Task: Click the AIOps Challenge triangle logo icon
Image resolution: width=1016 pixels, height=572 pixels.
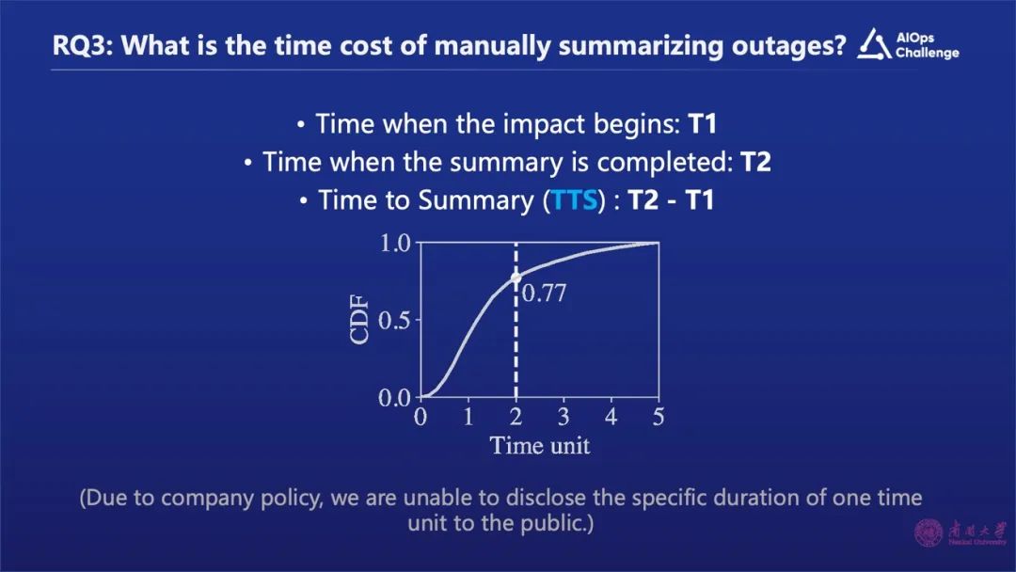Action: [x=874, y=44]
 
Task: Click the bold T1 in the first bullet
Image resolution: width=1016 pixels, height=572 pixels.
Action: [x=702, y=124]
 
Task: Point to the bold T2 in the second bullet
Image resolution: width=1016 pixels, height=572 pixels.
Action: [x=755, y=162]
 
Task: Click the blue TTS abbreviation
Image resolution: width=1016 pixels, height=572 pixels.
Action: [x=574, y=200]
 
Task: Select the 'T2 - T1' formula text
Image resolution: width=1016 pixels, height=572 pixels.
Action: [x=671, y=200]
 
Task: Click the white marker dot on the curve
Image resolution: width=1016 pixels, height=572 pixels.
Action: [x=516, y=278]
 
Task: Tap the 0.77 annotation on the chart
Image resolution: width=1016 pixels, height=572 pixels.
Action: [x=544, y=294]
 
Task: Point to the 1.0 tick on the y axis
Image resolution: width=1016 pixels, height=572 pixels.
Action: [x=394, y=244]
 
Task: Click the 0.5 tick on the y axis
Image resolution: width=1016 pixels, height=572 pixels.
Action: [x=394, y=320]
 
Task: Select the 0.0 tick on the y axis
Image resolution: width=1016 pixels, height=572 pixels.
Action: [x=394, y=397]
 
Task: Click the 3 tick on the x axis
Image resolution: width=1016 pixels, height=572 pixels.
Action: [x=564, y=417]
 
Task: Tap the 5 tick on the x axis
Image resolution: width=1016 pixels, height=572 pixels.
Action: [x=659, y=417]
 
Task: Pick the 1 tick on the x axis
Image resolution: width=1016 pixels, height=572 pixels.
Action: [x=468, y=417]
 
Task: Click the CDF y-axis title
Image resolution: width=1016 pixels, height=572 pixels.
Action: [x=359, y=319]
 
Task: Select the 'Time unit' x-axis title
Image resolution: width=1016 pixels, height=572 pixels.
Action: [x=540, y=446]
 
